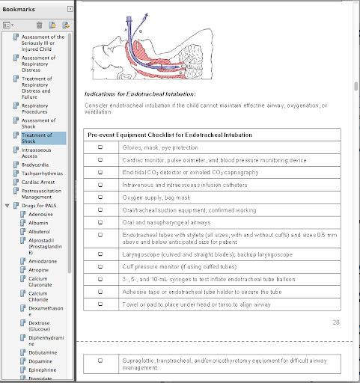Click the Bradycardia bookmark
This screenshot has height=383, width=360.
pyautogui.click(x=35, y=165)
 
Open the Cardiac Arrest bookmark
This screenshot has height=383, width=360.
pyautogui.click(x=38, y=182)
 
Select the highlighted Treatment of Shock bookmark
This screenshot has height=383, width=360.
pyautogui.click(x=37, y=138)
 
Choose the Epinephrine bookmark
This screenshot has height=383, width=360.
pyautogui.click(x=43, y=370)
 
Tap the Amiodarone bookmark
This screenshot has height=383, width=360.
pyautogui.click(x=43, y=261)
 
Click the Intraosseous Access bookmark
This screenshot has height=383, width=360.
pyautogui.click(x=36, y=153)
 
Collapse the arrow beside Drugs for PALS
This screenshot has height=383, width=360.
pyautogui.click(x=7, y=206)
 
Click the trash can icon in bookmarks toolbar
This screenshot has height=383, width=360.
pyautogui.click(x=39, y=25)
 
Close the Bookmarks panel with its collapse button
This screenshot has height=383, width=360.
pyautogui.click(x=70, y=9)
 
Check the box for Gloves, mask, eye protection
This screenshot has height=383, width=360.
pyautogui.click(x=100, y=147)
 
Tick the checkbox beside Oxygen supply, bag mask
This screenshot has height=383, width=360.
pyautogui.click(x=100, y=197)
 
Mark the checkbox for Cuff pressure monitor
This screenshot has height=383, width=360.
pyautogui.click(x=100, y=266)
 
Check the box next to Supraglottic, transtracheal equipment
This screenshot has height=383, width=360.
pyautogui.click(x=100, y=361)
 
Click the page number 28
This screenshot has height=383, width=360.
pyautogui.click(x=336, y=322)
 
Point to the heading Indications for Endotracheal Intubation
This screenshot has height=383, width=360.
pyautogui.click(x=140, y=94)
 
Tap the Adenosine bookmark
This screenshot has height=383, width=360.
pyautogui.click(x=40, y=214)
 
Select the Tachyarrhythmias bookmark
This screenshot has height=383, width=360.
pyautogui.click(x=42, y=174)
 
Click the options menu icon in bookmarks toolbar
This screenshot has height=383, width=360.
pyautogui.click(x=8, y=25)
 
